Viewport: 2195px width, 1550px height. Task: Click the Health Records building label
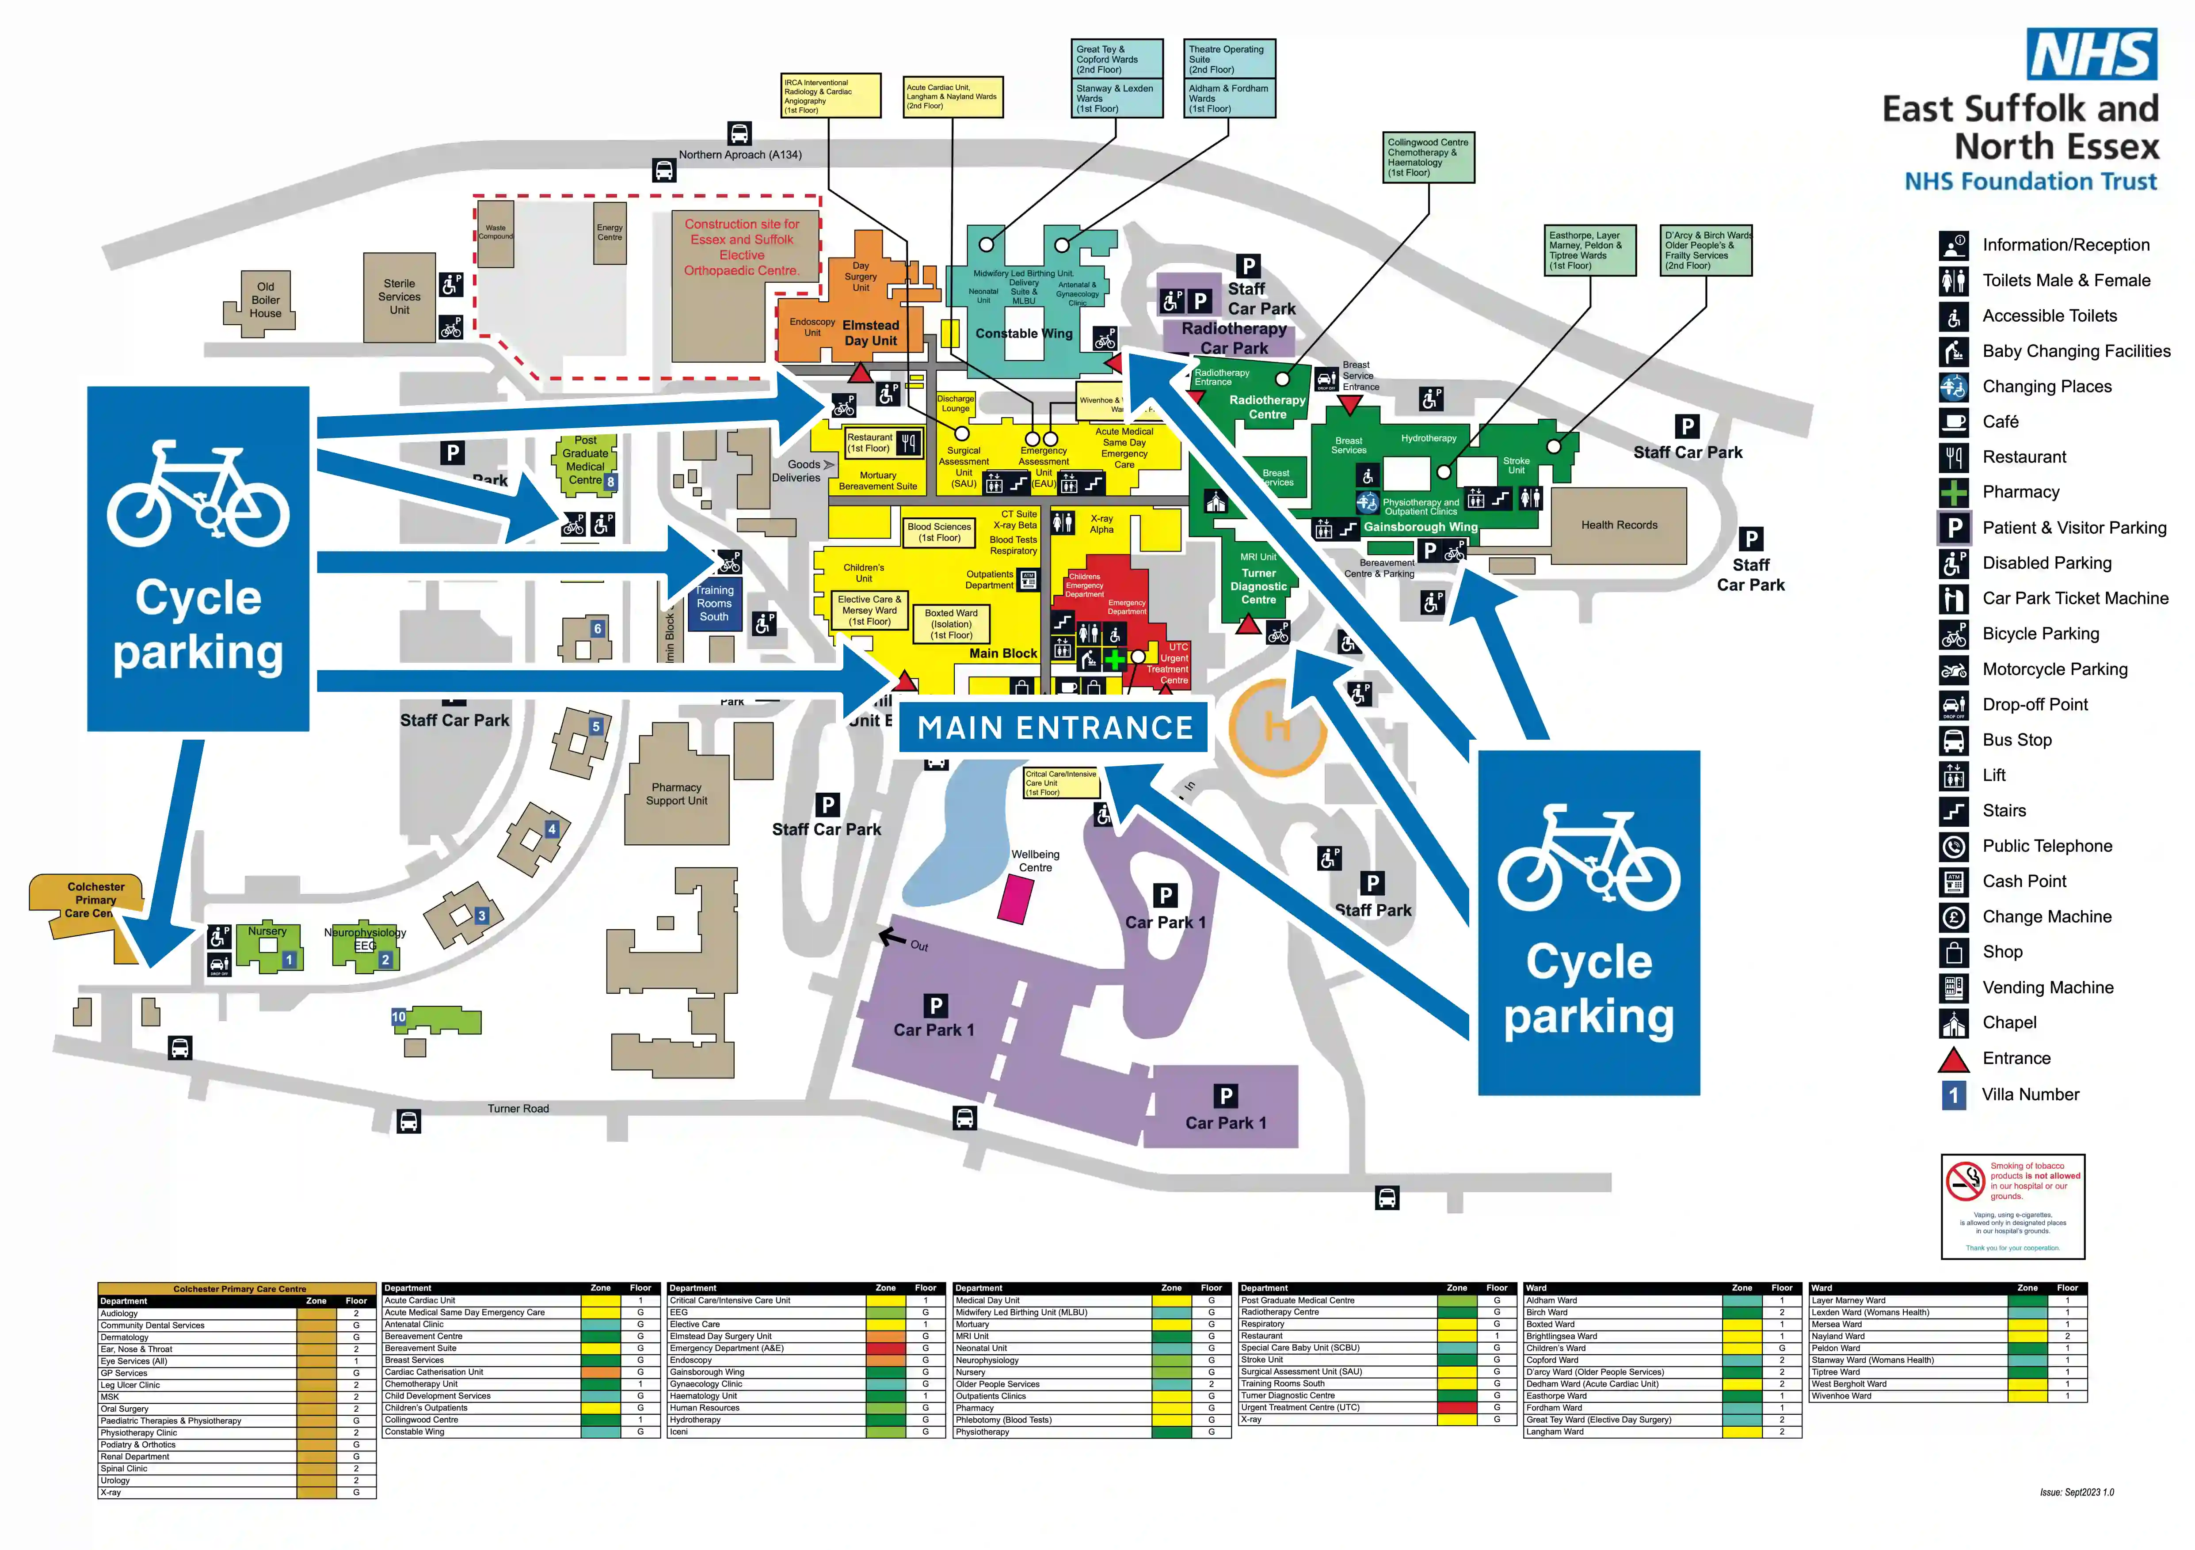click(1619, 524)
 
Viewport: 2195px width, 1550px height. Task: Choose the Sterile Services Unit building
click(400, 297)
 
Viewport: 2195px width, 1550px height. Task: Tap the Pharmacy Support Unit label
click(677, 794)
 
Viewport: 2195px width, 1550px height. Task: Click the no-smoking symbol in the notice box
click(1966, 1181)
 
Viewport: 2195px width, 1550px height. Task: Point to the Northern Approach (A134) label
click(740, 155)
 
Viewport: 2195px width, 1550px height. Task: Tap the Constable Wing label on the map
click(1024, 334)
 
